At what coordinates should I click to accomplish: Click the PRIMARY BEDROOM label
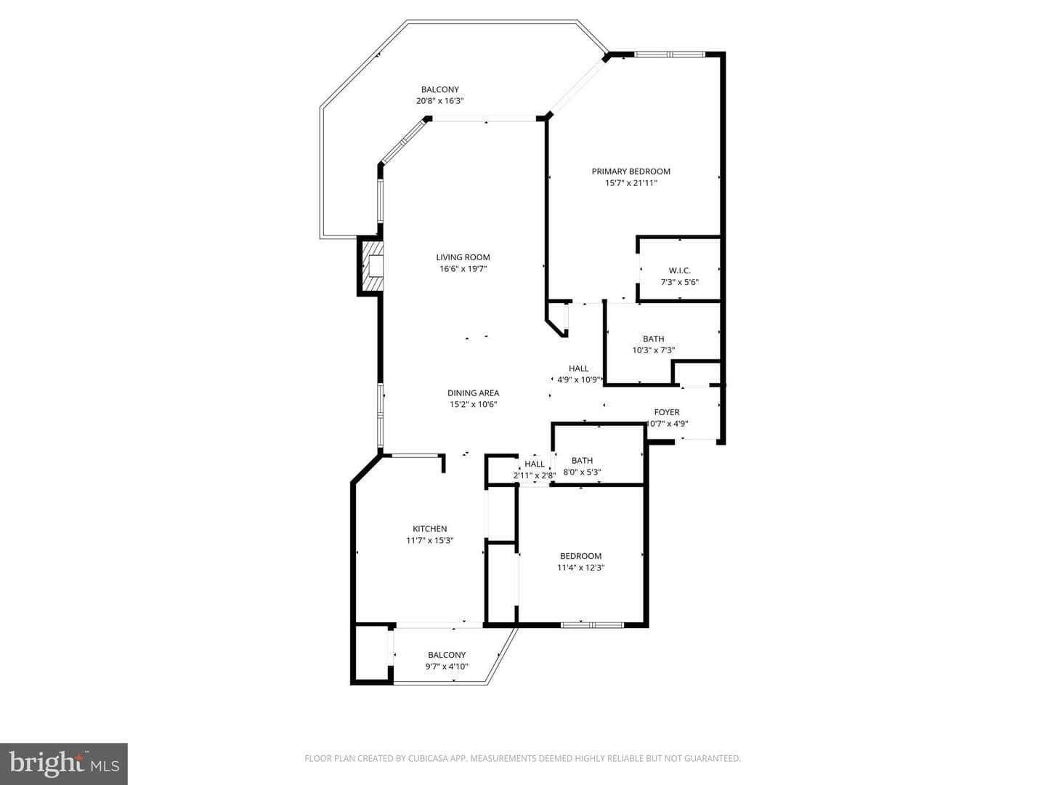pyautogui.click(x=631, y=172)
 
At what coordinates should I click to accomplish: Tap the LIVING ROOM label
pyautogui.click(x=463, y=257)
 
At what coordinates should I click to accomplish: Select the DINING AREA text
pyautogui.click(x=473, y=393)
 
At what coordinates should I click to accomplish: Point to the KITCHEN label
pyautogui.click(x=430, y=528)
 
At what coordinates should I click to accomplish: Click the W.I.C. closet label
pyautogui.click(x=680, y=270)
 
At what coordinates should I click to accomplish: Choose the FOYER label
pyautogui.click(x=667, y=412)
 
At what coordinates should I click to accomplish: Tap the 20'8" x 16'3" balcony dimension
pyautogui.click(x=440, y=101)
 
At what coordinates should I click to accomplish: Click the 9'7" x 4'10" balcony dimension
pyautogui.click(x=447, y=667)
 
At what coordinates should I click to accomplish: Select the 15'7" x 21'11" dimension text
pyautogui.click(x=631, y=183)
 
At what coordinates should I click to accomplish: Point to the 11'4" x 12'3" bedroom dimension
pyautogui.click(x=581, y=568)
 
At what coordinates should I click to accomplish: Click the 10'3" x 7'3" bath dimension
pyautogui.click(x=653, y=350)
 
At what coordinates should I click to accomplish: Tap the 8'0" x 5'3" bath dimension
pyautogui.click(x=583, y=472)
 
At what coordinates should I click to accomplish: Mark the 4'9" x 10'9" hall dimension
pyautogui.click(x=578, y=380)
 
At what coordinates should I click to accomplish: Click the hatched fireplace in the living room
pyautogui.click(x=372, y=266)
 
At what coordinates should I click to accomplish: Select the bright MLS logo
pyautogui.click(x=64, y=763)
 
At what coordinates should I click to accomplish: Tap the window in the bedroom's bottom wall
pyautogui.click(x=592, y=625)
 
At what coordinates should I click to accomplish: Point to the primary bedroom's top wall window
pyautogui.click(x=670, y=55)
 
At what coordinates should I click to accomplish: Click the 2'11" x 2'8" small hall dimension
pyautogui.click(x=534, y=475)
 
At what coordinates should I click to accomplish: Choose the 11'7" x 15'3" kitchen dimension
pyautogui.click(x=430, y=541)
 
